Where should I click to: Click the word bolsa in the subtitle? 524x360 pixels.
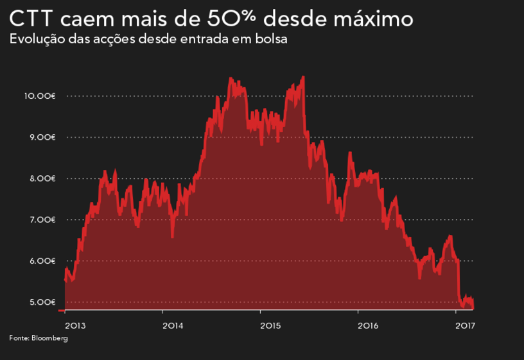(272, 39)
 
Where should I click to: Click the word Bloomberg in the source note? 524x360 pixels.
(49, 338)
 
